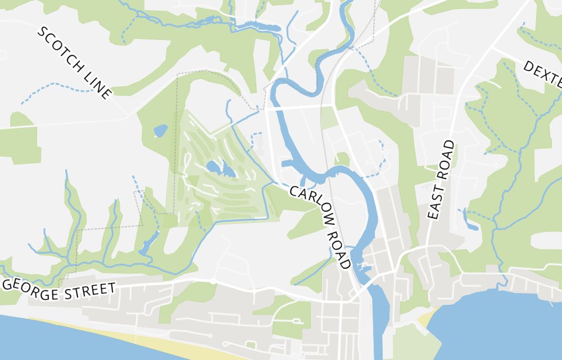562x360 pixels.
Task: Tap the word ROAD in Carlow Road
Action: pyautogui.click(x=339, y=246)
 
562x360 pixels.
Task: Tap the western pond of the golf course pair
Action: pyautogui.click(x=213, y=166)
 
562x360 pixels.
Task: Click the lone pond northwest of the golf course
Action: pyautogui.click(x=160, y=131)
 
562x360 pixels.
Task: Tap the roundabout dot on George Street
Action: pyautogui.click(x=213, y=281)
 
